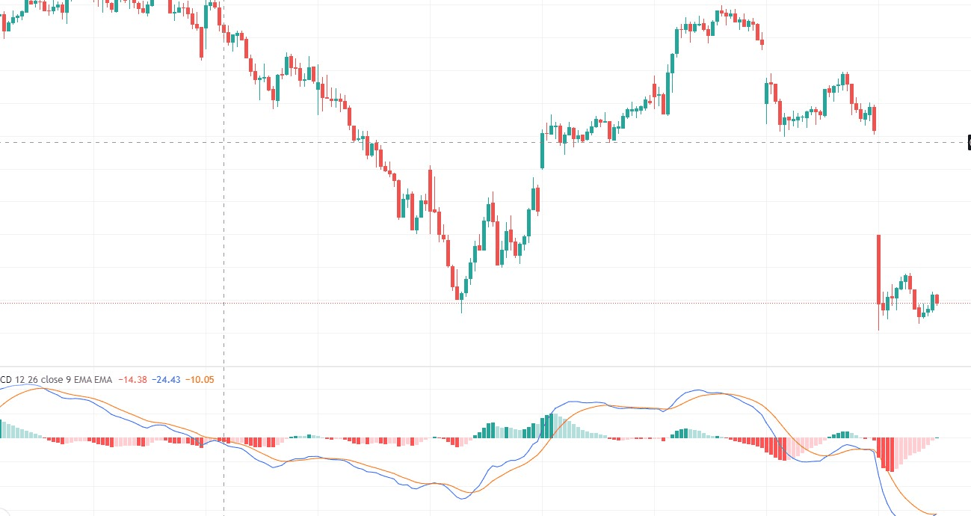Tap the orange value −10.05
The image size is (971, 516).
point(200,380)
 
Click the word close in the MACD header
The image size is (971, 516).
point(52,380)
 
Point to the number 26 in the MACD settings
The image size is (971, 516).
point(32,380)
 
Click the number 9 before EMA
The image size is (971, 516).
point(68,380)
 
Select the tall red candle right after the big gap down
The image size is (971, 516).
point(879,269)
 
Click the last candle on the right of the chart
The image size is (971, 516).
point(937,299)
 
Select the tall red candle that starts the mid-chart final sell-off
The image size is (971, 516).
point(430,191)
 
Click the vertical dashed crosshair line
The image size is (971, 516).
point(224,224)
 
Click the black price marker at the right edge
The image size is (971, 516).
point(969,142)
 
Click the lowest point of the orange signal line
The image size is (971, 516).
point(934,514)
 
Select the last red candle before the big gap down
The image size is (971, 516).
point(874,119)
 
